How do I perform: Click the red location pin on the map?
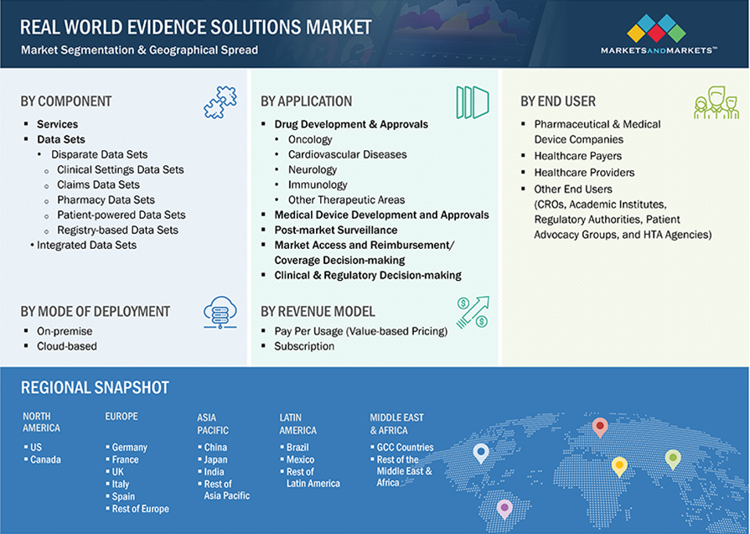point(600,427)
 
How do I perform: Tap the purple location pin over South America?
point(504,508)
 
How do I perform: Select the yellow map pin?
point(619,466)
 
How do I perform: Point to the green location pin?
point(673,459)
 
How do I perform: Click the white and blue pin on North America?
point(481,453)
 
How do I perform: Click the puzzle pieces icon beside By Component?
point(220,101)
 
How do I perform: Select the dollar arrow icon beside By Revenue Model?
point(472,312)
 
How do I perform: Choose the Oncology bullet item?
point(310,140)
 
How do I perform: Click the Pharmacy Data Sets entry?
point(106,200)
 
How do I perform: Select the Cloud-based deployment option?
point(67,346)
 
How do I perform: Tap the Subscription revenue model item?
point(304,346)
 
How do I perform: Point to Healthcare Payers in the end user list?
point(578,156)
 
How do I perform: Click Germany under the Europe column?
point(129,448)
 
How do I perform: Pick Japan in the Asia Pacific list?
point(216,459)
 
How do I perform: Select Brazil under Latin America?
point(297,448)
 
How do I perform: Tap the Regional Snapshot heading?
point(96,388)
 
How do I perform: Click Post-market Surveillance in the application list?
point(336,230)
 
